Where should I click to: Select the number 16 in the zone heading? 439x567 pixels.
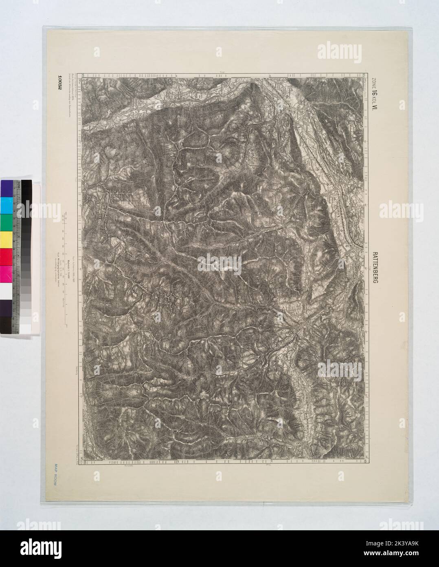[x=374, y=96]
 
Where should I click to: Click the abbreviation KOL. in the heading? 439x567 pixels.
[x=374, y=105]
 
